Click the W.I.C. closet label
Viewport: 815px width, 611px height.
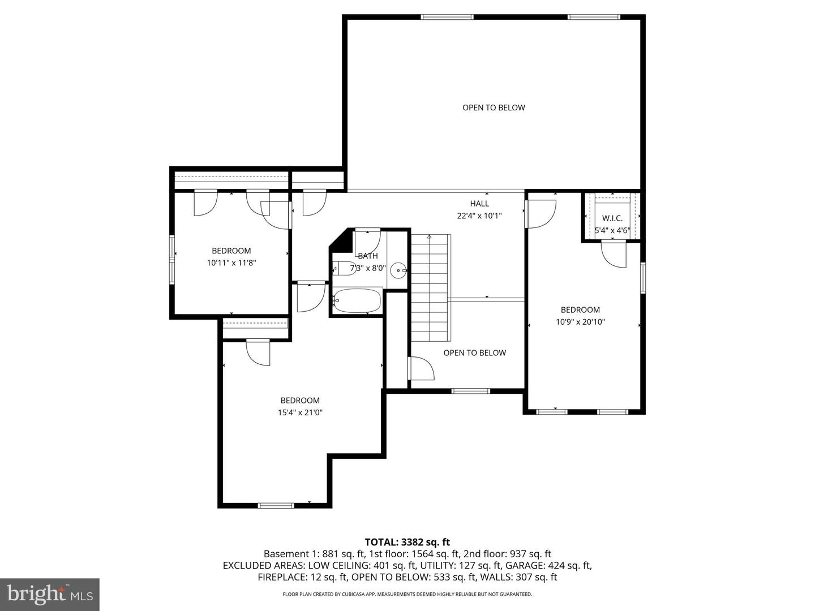612,218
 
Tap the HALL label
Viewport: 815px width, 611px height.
479,204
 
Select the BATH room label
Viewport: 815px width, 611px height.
367,256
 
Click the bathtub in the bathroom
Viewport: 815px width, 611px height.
357,301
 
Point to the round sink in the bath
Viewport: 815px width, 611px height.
400,271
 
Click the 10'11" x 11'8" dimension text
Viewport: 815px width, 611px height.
231,263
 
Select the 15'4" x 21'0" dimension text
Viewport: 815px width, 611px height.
300,412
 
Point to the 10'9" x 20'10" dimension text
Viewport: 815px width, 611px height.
580,322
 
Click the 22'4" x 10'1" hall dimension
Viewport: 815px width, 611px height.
479,216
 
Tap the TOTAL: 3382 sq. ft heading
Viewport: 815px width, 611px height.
407,542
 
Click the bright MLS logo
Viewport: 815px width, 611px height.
49,594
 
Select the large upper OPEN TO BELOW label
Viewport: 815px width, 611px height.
494,107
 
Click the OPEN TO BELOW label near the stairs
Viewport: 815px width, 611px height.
474,353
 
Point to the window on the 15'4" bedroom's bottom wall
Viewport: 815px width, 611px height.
276,505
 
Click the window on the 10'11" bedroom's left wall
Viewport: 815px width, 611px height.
172,258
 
